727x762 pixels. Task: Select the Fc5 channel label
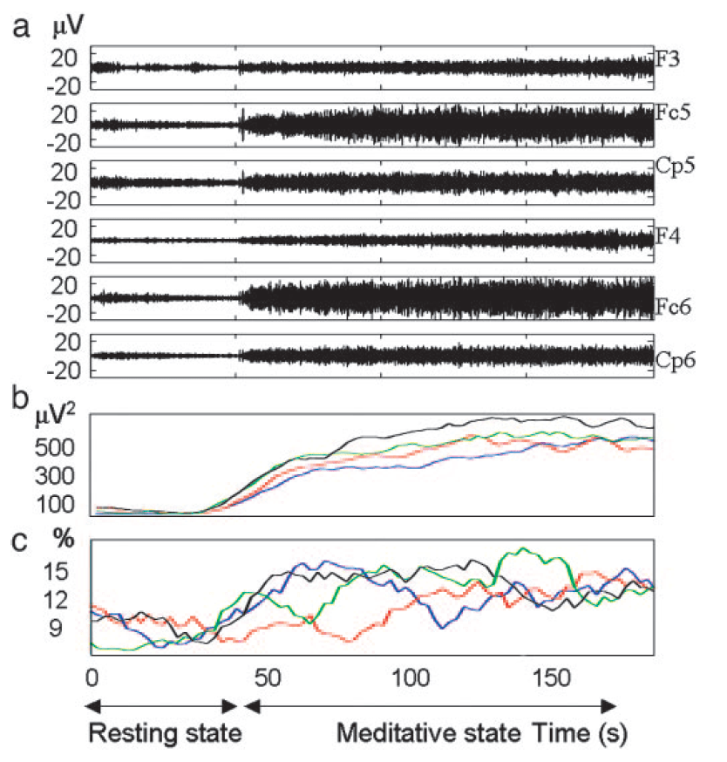tap(672, 114)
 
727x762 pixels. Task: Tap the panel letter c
tap(23, 540)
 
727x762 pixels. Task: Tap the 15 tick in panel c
tap(68, 572)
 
